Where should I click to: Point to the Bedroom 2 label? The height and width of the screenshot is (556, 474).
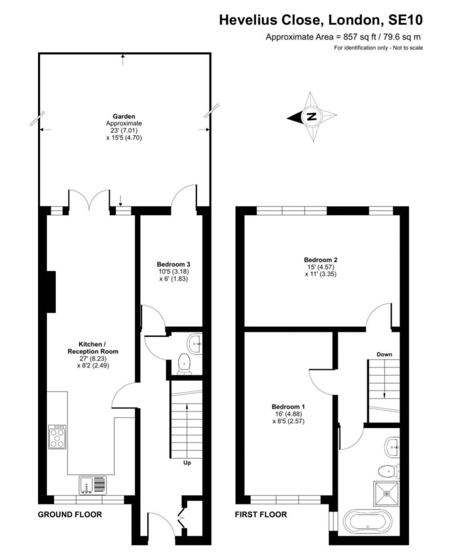321,259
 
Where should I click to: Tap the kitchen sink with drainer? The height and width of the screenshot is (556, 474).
94,485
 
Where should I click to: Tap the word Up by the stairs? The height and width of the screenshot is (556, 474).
187,463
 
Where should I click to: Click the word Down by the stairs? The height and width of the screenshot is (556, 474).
384,354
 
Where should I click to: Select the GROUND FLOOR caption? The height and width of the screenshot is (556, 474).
69,514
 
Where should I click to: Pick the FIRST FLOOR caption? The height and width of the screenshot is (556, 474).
261,514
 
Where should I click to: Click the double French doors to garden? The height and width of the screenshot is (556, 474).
89,200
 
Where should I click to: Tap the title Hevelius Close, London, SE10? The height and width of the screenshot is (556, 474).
321,20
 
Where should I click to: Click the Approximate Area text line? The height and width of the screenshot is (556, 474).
344,37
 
